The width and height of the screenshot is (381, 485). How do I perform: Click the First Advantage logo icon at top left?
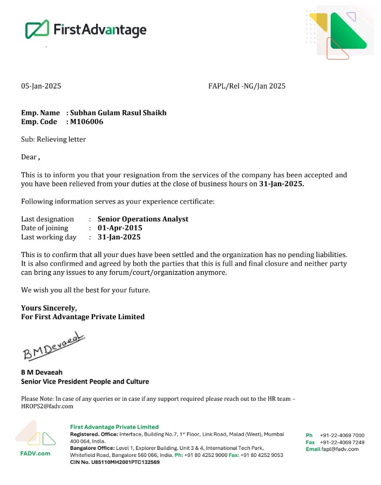click(37, 29)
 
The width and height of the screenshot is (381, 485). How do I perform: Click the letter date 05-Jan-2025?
click(41, 86)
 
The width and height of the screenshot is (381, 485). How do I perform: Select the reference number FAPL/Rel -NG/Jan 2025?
click(247, 86)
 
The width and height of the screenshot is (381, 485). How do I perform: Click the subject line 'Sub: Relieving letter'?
click(53, 139)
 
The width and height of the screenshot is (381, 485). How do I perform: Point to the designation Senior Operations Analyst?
click(143, 219)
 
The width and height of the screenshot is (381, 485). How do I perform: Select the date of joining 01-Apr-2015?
click(120, 228)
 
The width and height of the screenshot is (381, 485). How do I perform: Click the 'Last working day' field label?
click(49, 237)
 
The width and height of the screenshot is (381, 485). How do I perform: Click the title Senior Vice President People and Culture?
click(85, 381)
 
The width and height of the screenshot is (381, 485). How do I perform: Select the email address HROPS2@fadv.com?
click(47, 406)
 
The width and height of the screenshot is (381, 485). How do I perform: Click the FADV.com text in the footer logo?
click(35, 453)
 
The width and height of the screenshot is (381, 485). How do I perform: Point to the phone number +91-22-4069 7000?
click(342, 435)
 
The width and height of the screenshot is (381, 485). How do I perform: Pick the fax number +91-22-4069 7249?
click(342, 442)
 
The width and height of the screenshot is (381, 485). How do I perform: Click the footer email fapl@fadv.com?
click(340, 449)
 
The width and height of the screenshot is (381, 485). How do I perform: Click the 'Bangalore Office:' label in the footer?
click(92, 448)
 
